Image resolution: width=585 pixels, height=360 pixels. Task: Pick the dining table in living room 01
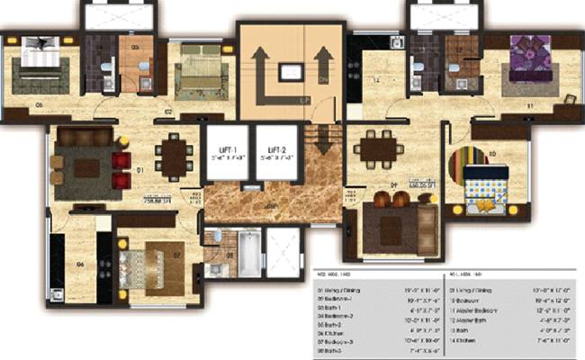172,158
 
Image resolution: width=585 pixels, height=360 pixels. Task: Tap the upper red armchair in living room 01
121,159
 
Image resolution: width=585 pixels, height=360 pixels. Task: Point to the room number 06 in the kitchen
79,264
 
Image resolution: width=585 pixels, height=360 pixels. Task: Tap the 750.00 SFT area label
155,201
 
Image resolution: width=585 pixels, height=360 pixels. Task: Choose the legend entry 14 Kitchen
481,341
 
